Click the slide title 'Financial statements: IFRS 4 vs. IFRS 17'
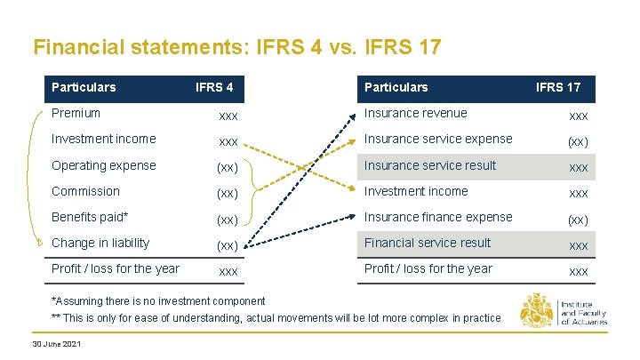[236, 46]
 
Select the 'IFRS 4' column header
[214, 87]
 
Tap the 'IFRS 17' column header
[557, 87]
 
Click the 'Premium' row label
[76, 113]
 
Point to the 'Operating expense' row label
[103, 165]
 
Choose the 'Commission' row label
[85, 191]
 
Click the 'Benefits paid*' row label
[90, 217]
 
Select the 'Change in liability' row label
[100, 243]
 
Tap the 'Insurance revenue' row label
[415, 113]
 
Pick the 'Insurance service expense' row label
[438, 139]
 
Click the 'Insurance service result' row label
[430, 165]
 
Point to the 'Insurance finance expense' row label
[438, 217]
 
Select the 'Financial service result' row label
[428, 243]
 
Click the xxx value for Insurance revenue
[578, 116]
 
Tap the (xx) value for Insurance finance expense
[578, 220]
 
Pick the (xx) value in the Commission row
[228, 193]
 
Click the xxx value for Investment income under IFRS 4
[228, 141]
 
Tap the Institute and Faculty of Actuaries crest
[536, 312]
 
